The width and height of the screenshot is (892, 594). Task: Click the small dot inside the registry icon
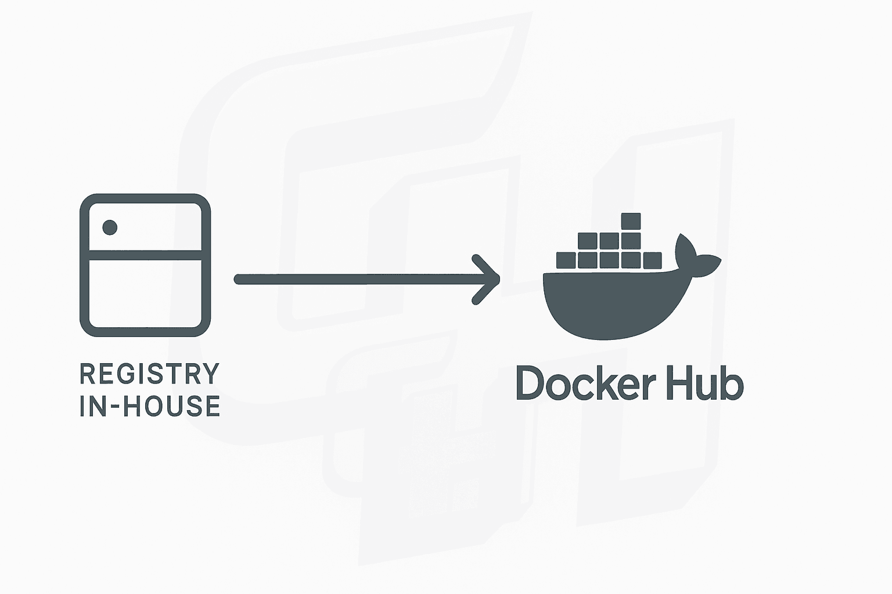(x=110, y=227)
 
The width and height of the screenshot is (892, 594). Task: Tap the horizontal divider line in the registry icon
(x=145, y=255)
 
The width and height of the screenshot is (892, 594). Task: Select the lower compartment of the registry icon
(x=145, y=293)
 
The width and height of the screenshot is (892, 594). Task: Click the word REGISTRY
(x=150, y=374)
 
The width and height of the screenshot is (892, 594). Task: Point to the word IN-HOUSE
(x=150, y=406)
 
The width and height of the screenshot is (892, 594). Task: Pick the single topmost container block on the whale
(x=630, y=222)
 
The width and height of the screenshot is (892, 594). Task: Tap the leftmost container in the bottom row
(x=566, y=260)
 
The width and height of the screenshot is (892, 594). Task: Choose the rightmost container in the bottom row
(x=652, y=260)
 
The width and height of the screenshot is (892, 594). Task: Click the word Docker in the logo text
(x=586, y=383)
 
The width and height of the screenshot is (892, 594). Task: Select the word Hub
(x=705, y=383)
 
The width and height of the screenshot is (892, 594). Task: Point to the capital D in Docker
(x=529, y=383)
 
